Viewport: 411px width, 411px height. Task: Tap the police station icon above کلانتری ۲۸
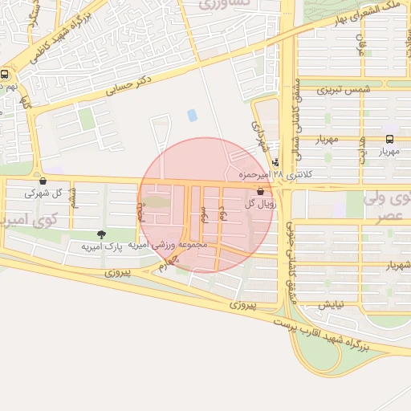tap(277, 162)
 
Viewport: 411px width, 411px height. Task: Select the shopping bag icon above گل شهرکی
tap(43, 181)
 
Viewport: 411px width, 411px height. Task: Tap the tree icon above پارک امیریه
tap(100, 234)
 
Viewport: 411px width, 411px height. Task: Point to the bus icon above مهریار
tap(389, 138)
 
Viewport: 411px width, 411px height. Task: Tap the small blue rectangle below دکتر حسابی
tap(192, 115)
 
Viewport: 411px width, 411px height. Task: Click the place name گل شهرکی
tap(43, 193)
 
